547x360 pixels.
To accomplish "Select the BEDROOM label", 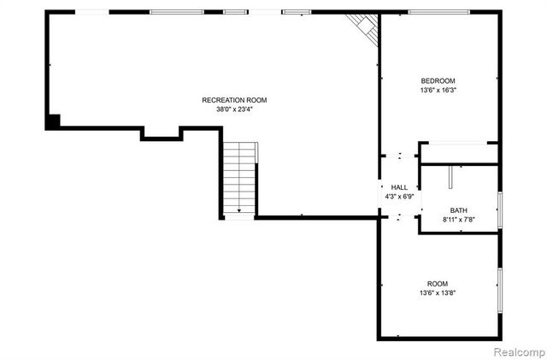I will coord(437,80).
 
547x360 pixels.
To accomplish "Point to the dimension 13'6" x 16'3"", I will coord(437,90).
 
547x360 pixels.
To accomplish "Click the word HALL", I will coord(399,187).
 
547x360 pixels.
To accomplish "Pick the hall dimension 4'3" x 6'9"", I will coord(399,197).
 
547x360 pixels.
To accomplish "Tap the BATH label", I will coord(459,210).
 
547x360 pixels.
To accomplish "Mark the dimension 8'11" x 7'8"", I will coord(459,220).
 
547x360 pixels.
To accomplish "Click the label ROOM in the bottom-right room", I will coord(437,284).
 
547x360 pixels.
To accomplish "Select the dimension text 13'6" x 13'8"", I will coord(437,293).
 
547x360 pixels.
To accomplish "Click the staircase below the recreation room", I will coord(239,178).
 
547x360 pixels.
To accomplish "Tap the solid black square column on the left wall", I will coord(53,121).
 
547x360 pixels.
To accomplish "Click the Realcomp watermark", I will coord(515,351).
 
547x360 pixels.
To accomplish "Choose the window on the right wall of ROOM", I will coord(500,289).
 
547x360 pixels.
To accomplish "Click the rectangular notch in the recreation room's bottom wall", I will coord(162,133).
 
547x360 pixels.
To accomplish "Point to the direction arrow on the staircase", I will coord(239,208).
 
